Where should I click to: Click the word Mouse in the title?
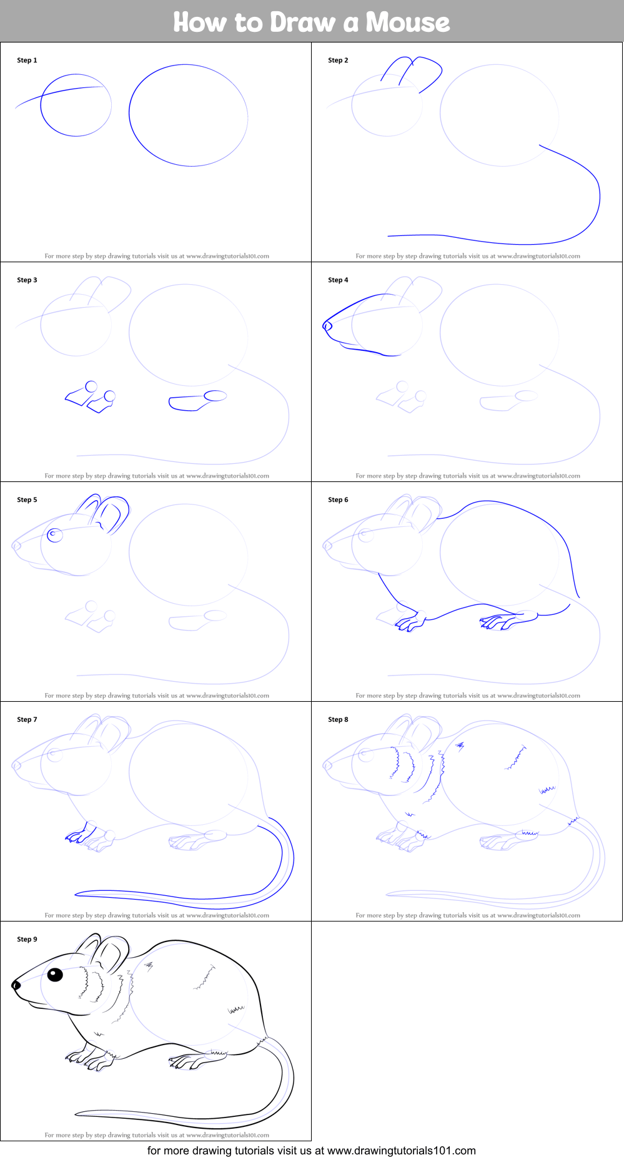pos(407,22)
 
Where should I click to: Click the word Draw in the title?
pos(303,22)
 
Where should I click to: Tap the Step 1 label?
pos(27,61)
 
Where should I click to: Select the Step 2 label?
pos(338,61)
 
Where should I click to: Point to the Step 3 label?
pos(27,280)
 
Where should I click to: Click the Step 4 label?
pos(338,280)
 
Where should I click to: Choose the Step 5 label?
pos(27,500)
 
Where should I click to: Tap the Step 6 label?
pos(338,500)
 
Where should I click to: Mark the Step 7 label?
pos(27,720)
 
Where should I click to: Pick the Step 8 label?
pos(338,720)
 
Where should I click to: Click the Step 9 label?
pos(27,940)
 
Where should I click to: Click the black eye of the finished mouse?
pos(55,975)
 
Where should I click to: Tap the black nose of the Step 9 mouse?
pos(16,986)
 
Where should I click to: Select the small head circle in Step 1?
pos(76,105)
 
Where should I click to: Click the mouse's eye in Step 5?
pos(54,534)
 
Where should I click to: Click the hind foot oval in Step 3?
pos(215,395)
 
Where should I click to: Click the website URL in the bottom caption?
pos(401,1151)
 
